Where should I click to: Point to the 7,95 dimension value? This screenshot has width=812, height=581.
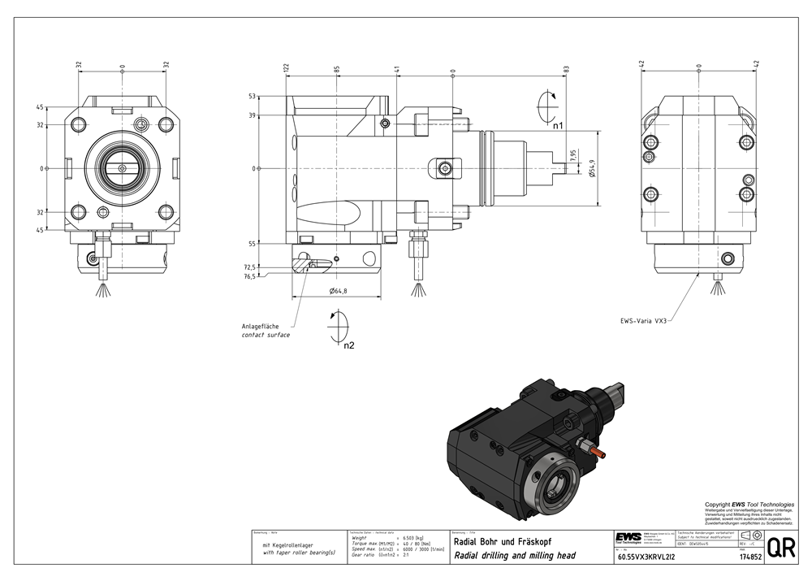573,155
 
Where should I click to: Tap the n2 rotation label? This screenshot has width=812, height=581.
348,345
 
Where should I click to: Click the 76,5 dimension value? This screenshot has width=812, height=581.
249,276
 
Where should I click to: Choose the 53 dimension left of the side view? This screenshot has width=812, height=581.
253,96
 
